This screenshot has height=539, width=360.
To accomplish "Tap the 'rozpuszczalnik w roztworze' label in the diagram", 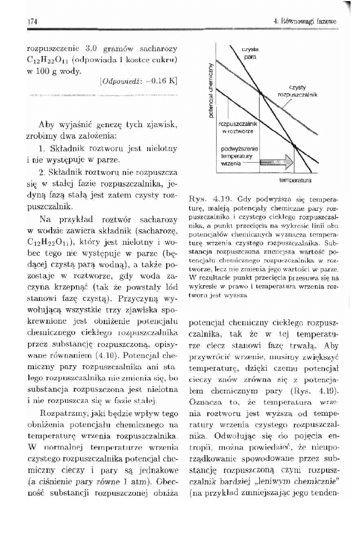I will click(236, 127).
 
